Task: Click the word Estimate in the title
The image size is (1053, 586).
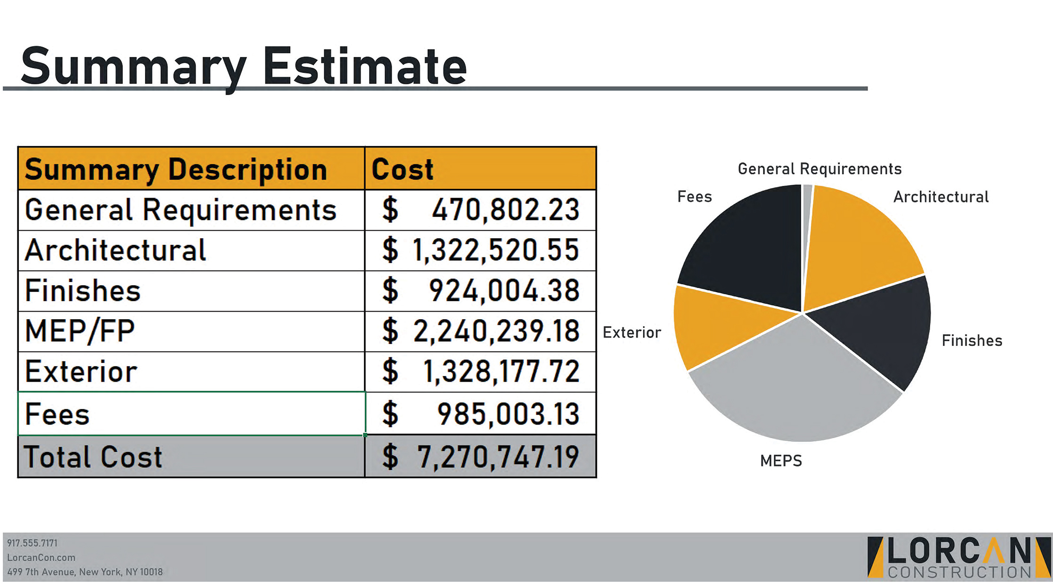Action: point(365,67)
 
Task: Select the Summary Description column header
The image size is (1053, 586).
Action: point(176,169)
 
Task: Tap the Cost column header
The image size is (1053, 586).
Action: point(402,169)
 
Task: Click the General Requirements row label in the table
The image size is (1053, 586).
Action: point(181,210)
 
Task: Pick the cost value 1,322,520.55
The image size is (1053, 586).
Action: point(496,250)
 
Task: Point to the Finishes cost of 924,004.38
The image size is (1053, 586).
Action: point(504,290)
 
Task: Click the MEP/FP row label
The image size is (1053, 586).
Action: point(80,331)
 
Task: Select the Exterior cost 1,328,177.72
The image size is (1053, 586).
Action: point(501,371)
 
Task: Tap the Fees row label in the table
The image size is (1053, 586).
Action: point(57,414)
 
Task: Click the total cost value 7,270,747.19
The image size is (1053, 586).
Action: point(498,457)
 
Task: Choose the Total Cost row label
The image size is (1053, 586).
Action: point(93,457)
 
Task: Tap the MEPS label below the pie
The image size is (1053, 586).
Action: point(781,461)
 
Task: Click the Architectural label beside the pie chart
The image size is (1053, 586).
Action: point(940,197)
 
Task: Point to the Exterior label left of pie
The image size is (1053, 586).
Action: point(632,333)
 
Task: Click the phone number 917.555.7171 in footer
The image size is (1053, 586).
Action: point(32,543)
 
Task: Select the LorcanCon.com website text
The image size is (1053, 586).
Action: point(41,558)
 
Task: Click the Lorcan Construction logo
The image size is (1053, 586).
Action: point(958,557)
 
